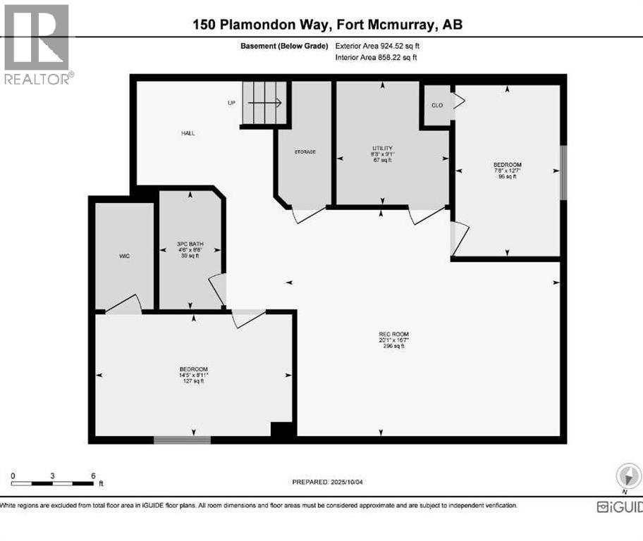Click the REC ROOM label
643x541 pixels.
click(x=393, y=335)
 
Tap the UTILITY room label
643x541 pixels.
click(x=382, y=148)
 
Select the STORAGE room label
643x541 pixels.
click(x=305, y=152)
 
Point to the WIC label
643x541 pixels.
click(x=124, y=256)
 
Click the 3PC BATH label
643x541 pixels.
click(x=190, y=245)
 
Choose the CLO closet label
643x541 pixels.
click(x=437, y=104)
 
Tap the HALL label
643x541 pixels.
click(x=188, y=133)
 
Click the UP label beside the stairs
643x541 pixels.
click(x=231, y=103)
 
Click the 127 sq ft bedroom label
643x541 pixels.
click(x=193, y=370)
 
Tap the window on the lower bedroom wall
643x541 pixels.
click(x=182, y=440)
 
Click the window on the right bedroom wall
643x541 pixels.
click(x=563, y=173)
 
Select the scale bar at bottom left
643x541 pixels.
click(x=53, y=483)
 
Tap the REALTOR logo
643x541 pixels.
click(x=37, y=44)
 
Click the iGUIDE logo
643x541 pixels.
click(x=619, y=506)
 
